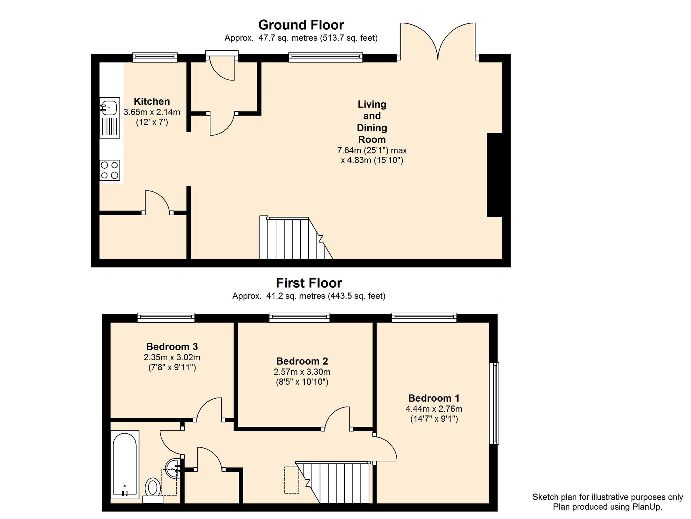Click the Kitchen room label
point(152,101)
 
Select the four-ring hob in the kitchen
point(110,170)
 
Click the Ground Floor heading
point(301,25)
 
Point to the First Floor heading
point(309,283)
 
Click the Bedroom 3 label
point(172,346)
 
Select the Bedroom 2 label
point(302,361)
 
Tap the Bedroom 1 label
point(434,398)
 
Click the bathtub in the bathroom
point(125,464)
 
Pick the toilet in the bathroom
point(153,490)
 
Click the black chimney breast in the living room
point(494,175)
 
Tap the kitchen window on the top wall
point(155,57)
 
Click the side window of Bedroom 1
point(494,403)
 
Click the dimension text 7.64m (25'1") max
point(372,150)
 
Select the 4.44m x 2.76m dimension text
point(434,409)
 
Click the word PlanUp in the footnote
point(646,507)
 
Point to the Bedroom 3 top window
point(166,317)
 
